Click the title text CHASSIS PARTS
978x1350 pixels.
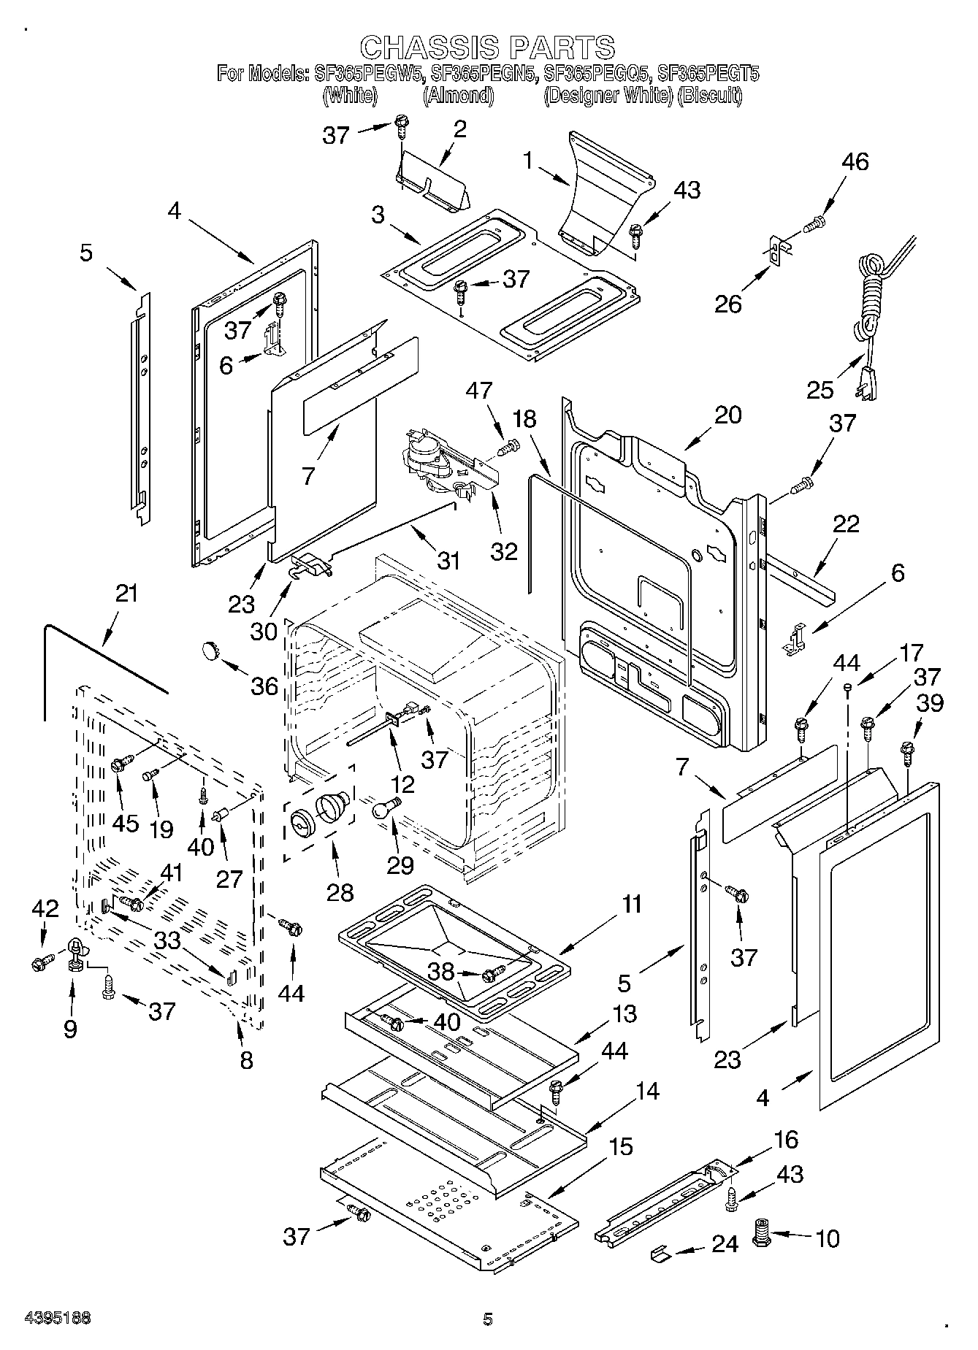pos(488,47)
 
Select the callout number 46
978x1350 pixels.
pos(855,161)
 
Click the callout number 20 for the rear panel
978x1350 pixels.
pos(727,415)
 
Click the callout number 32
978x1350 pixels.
pos(504,550)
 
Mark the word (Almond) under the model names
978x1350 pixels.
pos(458,96)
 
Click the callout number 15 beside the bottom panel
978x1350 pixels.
pos(620,1146)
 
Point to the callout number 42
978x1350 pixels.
pos(45,908)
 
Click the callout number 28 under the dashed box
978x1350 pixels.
pos(340,891)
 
